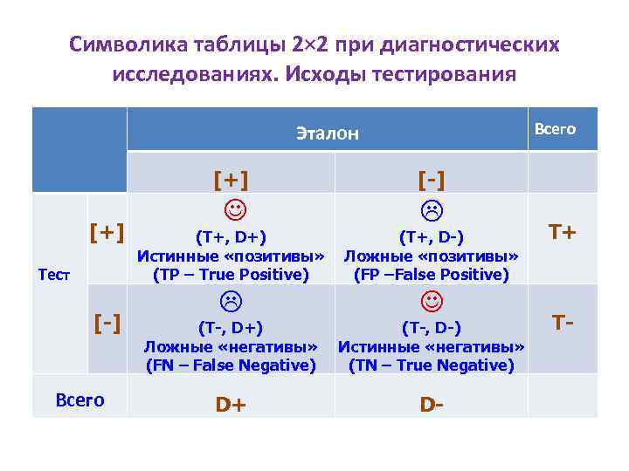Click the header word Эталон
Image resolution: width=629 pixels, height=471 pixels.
(327, 133)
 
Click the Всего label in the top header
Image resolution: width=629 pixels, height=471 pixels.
(555, 129)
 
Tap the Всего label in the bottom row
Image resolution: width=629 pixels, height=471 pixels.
(79, 400)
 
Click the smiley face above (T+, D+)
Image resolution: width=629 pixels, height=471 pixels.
(231, 210)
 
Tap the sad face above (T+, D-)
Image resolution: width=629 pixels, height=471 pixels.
(431, 210)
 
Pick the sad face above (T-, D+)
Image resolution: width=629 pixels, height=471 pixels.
(231, 302)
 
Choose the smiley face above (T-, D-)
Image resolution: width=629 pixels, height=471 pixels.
(431, 302)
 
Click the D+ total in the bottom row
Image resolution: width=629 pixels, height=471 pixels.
(231, 405)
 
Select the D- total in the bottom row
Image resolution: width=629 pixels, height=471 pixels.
(431, 405)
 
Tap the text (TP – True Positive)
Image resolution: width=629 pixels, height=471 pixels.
(231, 275)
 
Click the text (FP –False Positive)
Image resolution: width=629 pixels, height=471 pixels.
(431, 275)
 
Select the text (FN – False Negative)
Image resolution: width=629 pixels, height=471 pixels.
(231, 365)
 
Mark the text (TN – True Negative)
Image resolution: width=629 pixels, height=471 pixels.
(431, 365)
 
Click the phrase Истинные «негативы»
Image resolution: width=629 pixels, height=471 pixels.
(431, 347)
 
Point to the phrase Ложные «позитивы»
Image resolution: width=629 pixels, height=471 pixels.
(431, 256)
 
